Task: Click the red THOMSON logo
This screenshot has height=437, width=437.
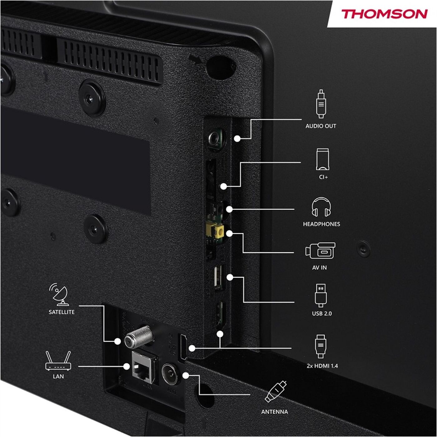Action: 384,14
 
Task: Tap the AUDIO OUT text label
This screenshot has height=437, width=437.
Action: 321,126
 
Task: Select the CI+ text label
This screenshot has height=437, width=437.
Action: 323,177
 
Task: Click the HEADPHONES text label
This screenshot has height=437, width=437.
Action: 322,224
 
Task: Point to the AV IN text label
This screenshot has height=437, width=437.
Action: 319,268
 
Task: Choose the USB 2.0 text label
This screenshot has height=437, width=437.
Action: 322,314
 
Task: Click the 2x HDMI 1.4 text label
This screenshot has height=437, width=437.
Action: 322,366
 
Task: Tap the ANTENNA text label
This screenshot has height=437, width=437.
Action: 275,412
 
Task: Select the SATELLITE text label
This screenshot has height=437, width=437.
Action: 61,312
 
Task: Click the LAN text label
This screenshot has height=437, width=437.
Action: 58,376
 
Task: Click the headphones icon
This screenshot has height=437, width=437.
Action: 321,207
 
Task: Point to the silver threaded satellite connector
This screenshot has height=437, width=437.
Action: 139,337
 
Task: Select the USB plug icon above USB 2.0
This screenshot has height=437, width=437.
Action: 321,296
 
